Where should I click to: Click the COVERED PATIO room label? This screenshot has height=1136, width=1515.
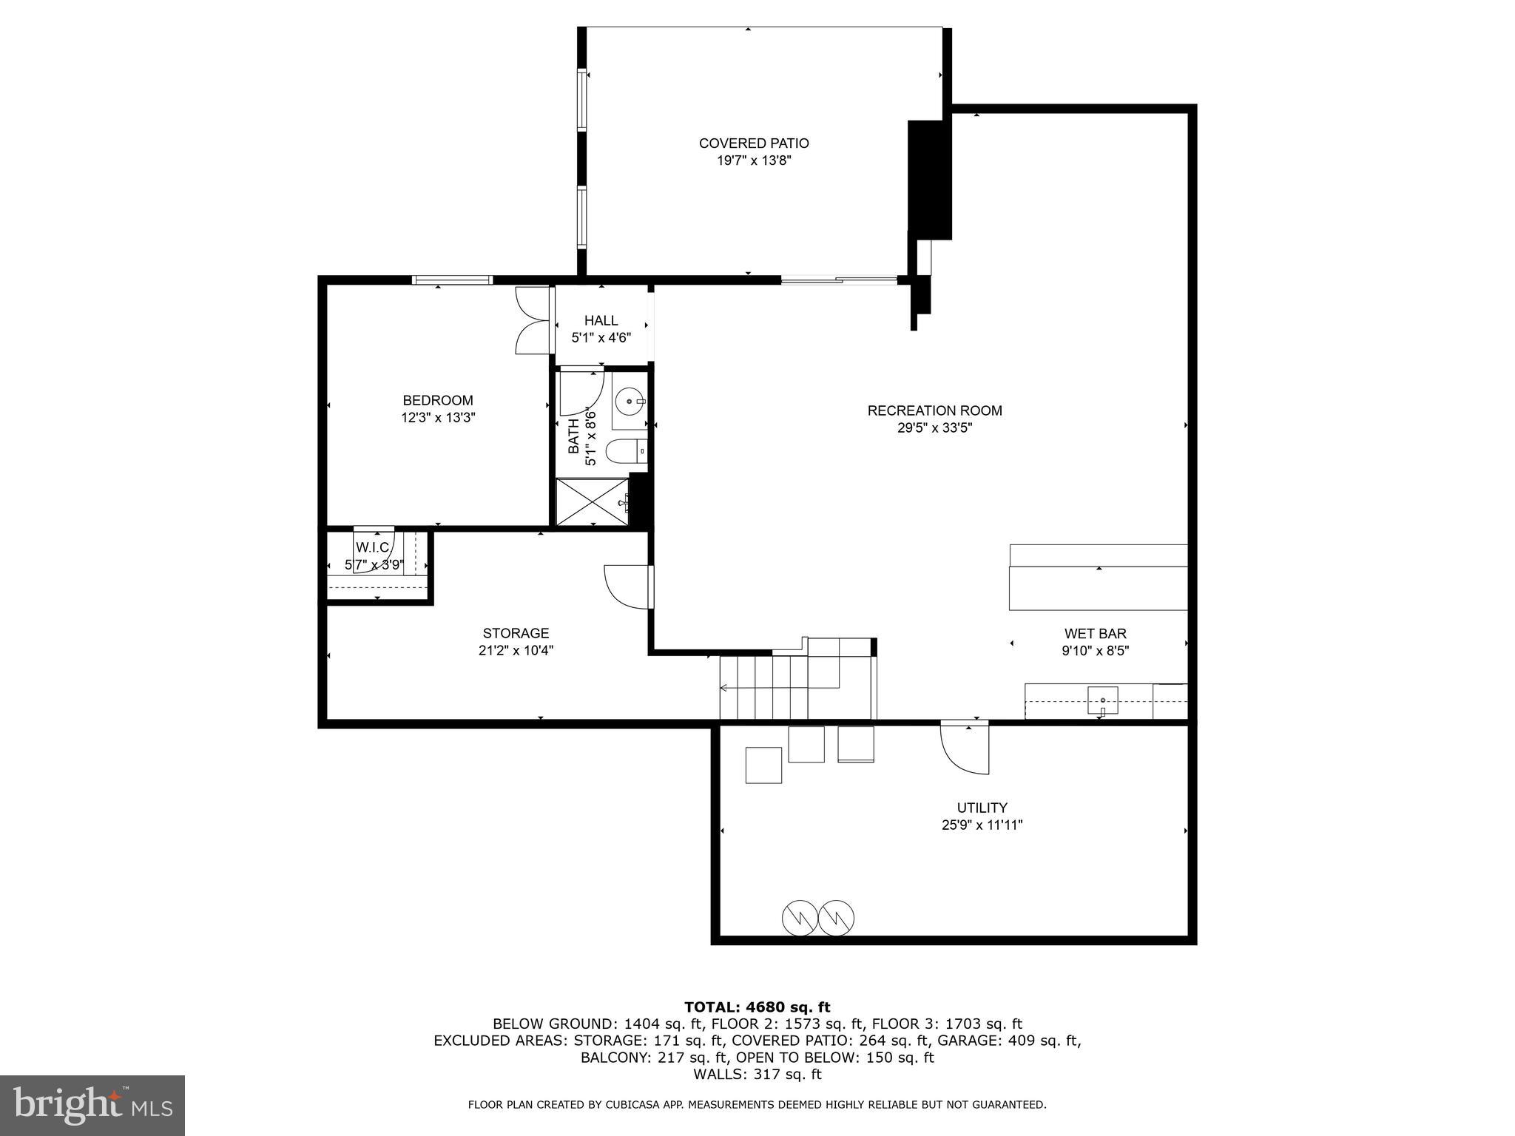coord(753,143)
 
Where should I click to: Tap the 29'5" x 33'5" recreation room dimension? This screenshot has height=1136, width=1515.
coord(934,427)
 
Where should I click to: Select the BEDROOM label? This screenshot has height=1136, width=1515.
coord(438,401)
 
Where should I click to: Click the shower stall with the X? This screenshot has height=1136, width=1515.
coord(592,502)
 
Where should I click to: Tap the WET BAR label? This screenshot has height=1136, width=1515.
coord(1095,634)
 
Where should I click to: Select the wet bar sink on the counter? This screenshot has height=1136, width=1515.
coord(1102,700)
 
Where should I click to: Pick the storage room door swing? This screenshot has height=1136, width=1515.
coord(629,586)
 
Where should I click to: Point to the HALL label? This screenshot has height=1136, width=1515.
coord(601,321)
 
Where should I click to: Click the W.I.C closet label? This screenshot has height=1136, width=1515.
coord(373,548)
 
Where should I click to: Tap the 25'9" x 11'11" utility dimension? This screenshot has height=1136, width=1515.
coord(982,825)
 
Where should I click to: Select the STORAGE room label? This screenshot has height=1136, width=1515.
coord(516,634)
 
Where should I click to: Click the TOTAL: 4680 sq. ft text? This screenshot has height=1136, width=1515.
coord(757,1007)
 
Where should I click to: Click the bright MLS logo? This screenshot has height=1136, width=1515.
coord(92,1105)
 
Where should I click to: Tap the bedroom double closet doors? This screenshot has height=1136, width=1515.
coord(533,320)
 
